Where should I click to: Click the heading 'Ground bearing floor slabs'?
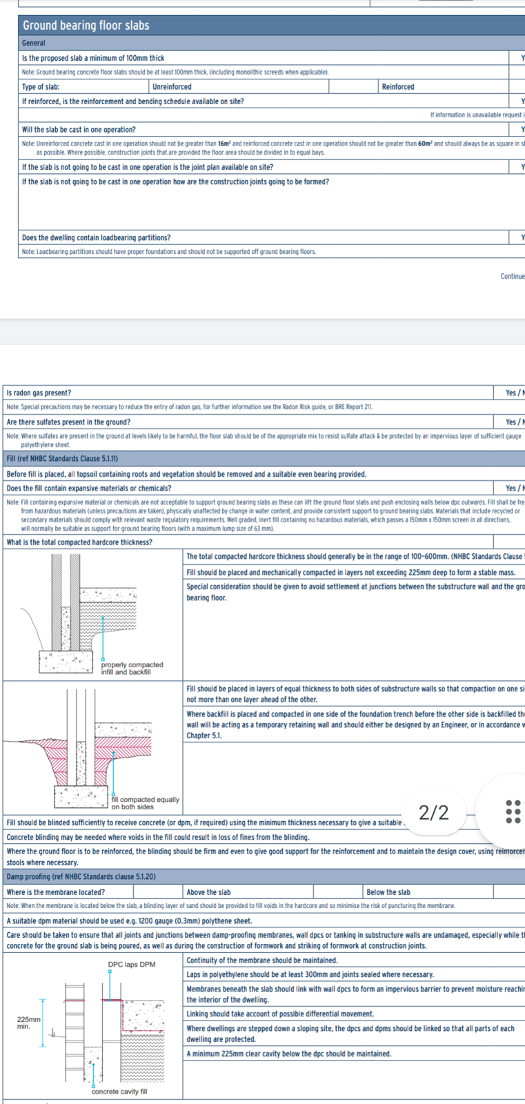[x=86, y=26]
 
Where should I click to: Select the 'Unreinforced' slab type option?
[x=172, y=87]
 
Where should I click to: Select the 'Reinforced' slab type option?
[x=398, y=87]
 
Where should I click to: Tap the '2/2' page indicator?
[x=434, y=813]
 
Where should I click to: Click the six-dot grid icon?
[x=513, y=812]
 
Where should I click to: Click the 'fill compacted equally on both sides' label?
[x=145, y=803]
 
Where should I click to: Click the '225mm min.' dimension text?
[x=28, y=1023]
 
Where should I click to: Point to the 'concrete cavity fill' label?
[x=119, y=1092]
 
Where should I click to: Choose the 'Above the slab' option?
[x=208, y=892]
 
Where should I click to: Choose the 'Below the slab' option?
[x=388, y=892]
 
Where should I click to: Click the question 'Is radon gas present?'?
[x=39, y=393]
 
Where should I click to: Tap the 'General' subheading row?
[x=33, y=43]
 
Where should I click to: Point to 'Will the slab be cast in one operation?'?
[x=79, y=129]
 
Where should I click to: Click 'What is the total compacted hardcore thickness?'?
[x=79, y=542]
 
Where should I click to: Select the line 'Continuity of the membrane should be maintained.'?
[x=261, y=960]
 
